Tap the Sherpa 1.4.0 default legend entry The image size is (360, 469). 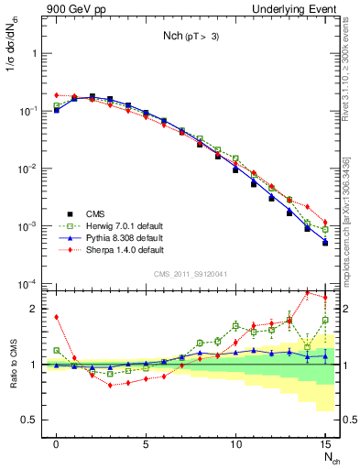114,250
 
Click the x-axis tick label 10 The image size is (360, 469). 235,445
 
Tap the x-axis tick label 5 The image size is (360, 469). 146,445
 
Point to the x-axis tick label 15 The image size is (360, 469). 323,445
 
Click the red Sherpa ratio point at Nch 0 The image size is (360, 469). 57,317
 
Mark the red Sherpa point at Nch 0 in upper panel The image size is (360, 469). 57,95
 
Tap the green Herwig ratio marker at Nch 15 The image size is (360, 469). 324,320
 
